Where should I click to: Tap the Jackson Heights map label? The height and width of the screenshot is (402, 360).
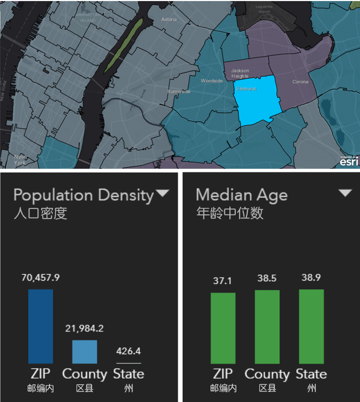(240, 73)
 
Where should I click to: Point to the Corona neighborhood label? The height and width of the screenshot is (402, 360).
(301, 82)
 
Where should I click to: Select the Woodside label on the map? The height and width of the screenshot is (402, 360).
(211, 81)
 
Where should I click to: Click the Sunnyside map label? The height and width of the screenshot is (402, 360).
(179, 91)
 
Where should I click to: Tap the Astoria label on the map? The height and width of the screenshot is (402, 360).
(169, 19)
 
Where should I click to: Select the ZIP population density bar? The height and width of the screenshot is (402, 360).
(41, 326)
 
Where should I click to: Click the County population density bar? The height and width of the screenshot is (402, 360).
(85, 352)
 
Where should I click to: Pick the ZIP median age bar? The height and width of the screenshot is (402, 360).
(223, 328)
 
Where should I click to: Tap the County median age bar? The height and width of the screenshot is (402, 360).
(267, 327)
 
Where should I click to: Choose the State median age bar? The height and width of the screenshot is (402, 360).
(311, 326)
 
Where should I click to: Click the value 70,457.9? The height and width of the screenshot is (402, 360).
(41, 278)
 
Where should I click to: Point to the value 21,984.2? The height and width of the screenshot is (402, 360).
(85, 329)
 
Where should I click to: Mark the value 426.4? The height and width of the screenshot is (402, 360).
(129, 351)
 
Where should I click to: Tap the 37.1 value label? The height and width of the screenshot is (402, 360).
(223, 281)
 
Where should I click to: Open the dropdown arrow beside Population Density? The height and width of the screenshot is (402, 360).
(162, 193)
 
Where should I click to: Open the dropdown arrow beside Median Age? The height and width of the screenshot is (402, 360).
(345, 193)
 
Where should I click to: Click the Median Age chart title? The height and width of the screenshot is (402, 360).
(242, 195)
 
